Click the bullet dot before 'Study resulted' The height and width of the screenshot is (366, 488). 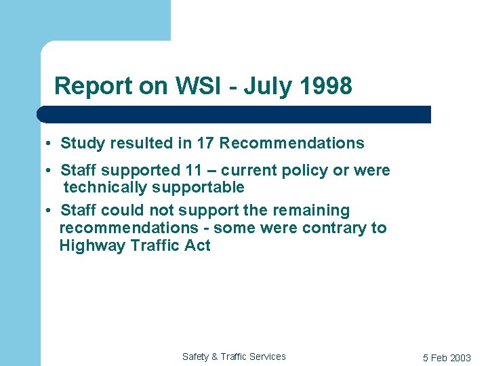coord(50,144)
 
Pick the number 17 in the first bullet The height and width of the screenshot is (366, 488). coord(205,144)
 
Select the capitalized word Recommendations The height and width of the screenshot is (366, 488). coord(291,144)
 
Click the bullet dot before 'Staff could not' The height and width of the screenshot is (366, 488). coord(50,211)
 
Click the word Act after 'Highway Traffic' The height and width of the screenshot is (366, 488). coord(197,245)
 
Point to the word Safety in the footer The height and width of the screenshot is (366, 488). coord(196,357)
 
